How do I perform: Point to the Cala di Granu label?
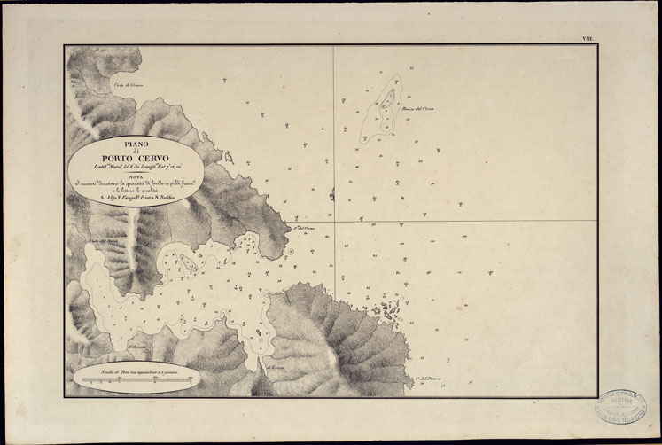128,85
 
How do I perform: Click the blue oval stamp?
620,409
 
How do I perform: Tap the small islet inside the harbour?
186,262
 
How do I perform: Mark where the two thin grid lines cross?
334,221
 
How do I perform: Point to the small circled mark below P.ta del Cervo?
290,252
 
